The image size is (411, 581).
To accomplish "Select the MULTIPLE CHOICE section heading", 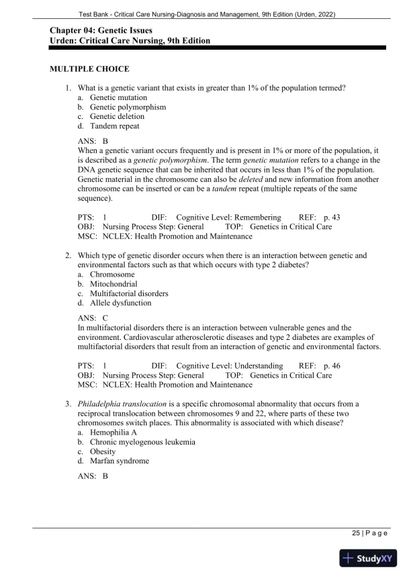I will tap(90, 69).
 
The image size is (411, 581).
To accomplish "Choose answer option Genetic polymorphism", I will tap(128, 107).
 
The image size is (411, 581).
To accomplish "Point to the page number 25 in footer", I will tap(356, 533).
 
